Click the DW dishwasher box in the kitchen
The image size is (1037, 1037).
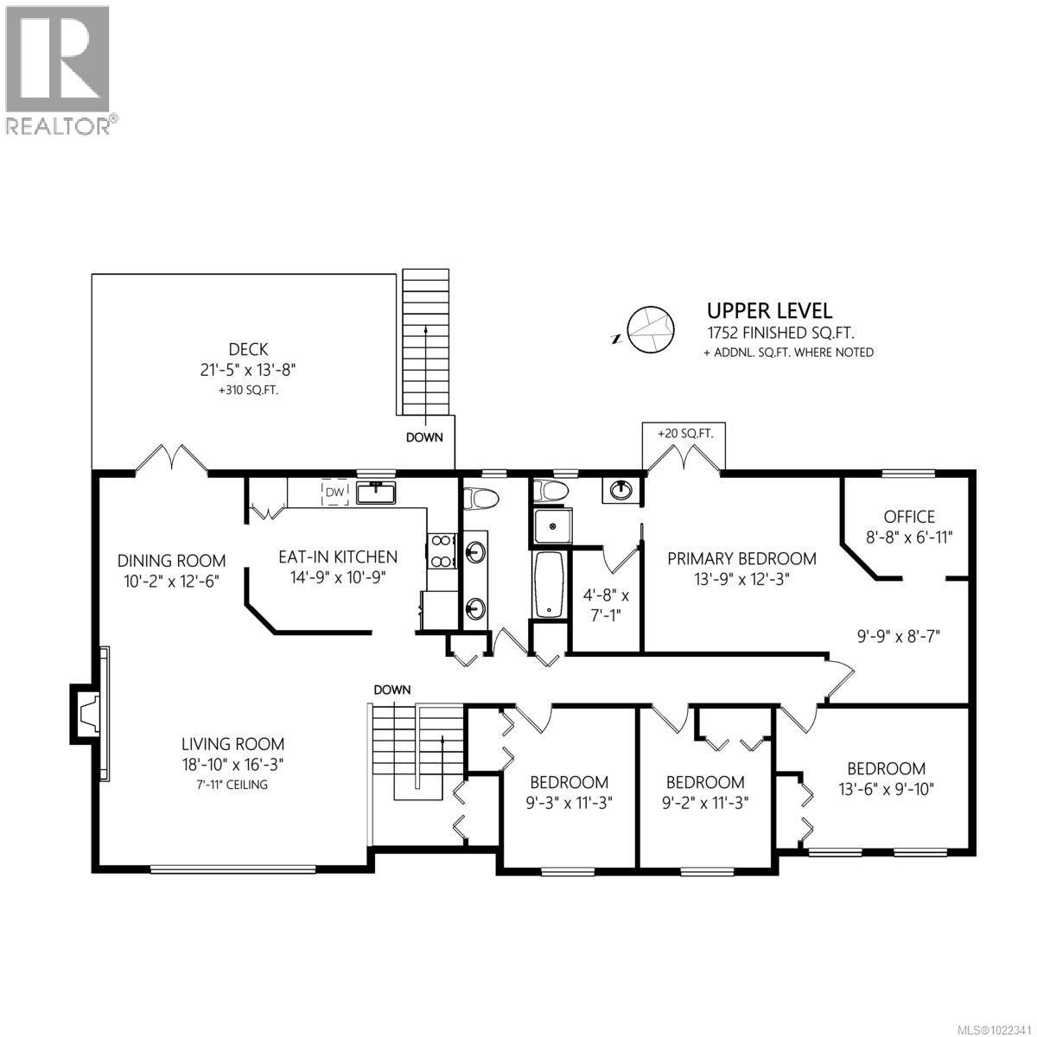tap(334, 493)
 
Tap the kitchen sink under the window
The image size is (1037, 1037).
tap(376, 493)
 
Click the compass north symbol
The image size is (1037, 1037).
tap(648, 329)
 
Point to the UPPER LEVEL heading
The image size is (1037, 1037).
tap(769, 310)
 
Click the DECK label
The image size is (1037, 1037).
tap(248, 350)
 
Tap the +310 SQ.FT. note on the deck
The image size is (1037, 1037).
tap(248, 391)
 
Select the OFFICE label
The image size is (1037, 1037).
tap(909, 517)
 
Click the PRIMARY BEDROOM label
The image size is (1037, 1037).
tap(741, 559)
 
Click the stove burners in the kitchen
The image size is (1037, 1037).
tap(441, 551)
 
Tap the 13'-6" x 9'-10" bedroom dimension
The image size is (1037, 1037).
tap(886, 788)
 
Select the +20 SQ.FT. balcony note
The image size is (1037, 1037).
tap(684, 434)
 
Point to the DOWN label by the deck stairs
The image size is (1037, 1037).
tap(424, 437)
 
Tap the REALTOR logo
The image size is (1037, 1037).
tap(59, 70)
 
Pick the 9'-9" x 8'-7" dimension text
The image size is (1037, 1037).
tap(897, 636)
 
